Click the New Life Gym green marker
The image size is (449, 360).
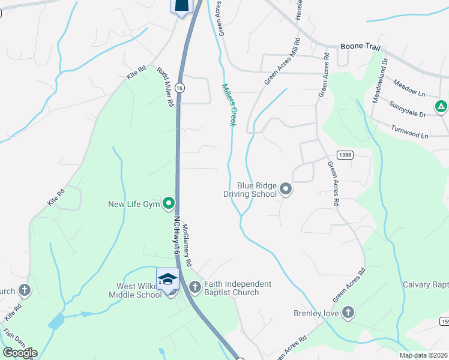[x=169, y=204]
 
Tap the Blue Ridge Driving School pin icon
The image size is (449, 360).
[x=286, y=190]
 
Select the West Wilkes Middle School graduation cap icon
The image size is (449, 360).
[x=168, y=280]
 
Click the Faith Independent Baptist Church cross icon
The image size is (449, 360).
[x=194, y=287]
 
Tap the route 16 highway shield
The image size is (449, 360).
[x=180, y=88]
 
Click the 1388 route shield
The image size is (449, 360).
[x=345, y=154]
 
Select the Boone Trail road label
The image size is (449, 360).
[x=360, y=46]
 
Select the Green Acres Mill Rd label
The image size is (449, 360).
[x=282, y=62]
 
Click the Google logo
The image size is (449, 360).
[x=20, y=352]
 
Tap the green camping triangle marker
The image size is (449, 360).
[x=441, y=107]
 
